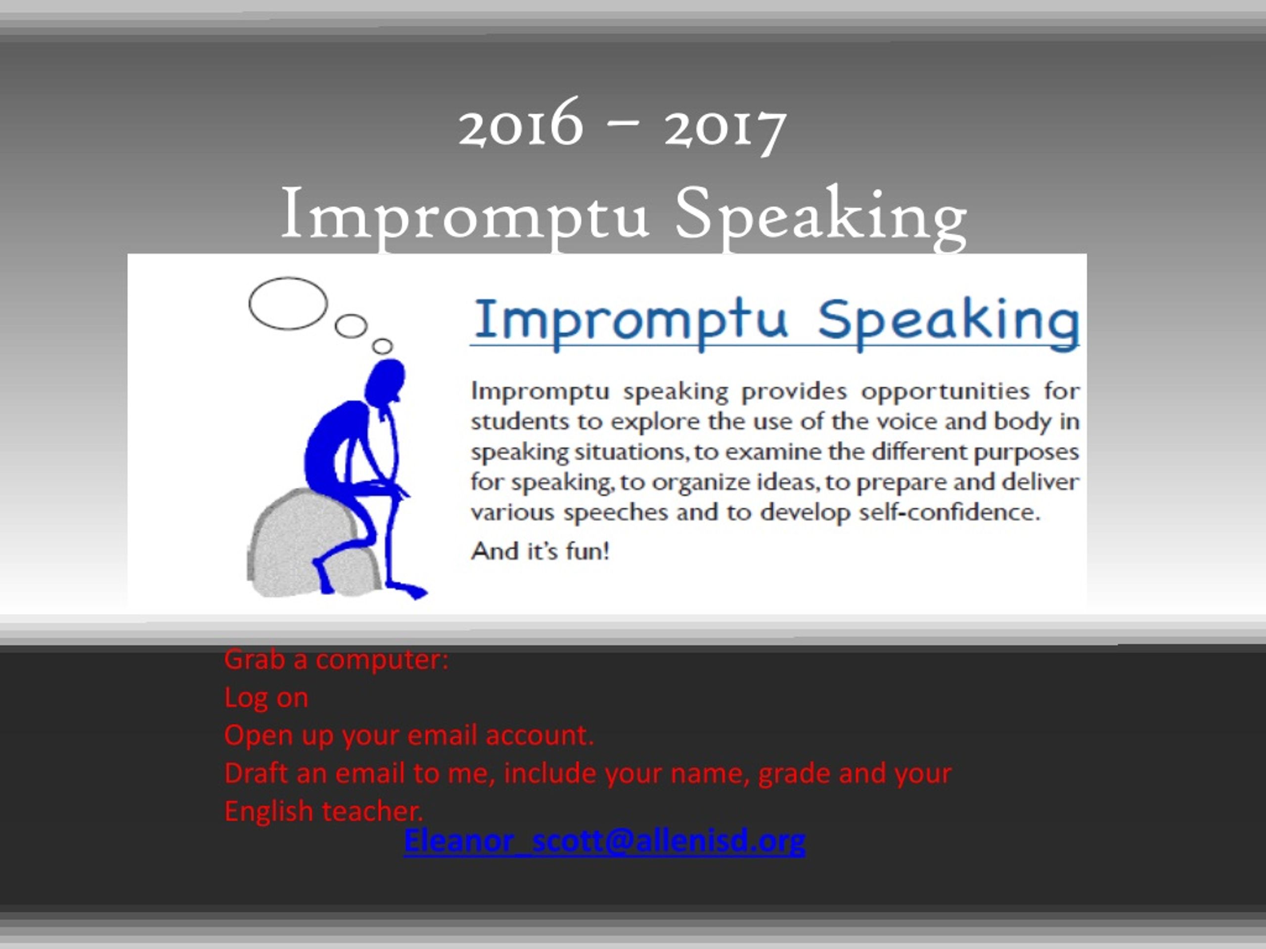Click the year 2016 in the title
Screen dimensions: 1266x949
coord(520,123)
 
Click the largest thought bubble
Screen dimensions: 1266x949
coord(288,303)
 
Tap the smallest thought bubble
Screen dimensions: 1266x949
coord(382,346)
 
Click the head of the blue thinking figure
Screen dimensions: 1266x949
coord(385,381)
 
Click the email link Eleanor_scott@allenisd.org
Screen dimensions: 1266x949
coord(604,840)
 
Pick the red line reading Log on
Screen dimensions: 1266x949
coord(266,697)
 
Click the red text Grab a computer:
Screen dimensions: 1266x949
coord(337,659)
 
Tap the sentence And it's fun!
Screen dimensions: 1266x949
coord(540,551)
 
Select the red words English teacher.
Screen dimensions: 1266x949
coord(323,811)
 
